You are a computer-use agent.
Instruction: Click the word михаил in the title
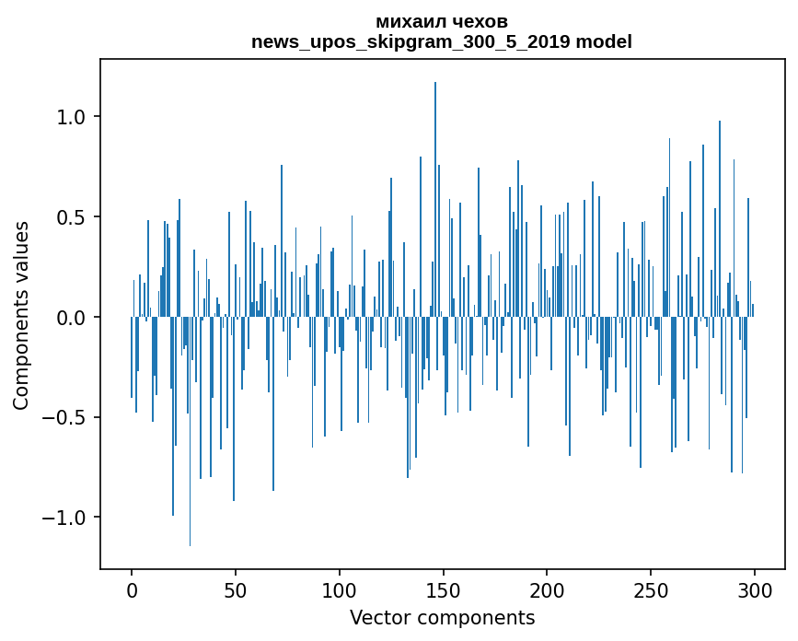point(408,21)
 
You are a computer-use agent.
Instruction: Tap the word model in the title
point(603,42)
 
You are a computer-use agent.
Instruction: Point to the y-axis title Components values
point(21,315)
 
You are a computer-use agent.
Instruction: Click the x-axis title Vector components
point(442,617)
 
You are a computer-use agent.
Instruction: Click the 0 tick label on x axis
point(132,589)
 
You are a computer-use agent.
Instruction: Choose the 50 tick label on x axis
point(236,589)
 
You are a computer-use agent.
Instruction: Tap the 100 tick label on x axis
point(340,589)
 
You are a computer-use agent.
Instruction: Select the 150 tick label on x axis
point(443,589)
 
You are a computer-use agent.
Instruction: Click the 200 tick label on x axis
point(547,589)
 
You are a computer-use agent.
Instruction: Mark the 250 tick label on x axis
point(651,589)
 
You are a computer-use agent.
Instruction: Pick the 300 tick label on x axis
point(755,589)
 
